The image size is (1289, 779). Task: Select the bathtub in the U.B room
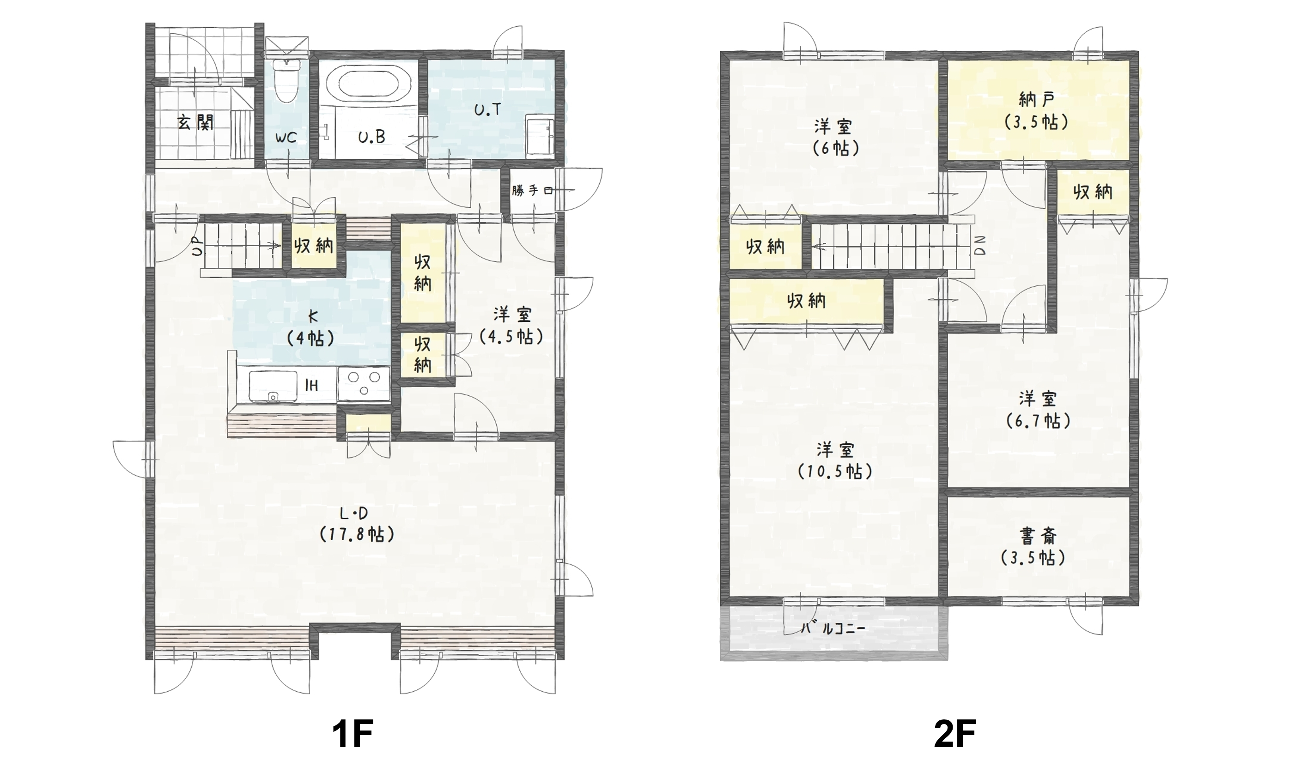coord(369,84)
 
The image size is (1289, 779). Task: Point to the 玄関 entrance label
coord(195,123)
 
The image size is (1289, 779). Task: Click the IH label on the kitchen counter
coord(311,386)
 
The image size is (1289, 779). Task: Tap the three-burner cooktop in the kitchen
coord(364,384)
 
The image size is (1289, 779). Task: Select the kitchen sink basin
coord(273,386)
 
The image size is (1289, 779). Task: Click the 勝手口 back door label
coord(532,190)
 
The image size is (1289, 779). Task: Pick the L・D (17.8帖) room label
coord(356,524)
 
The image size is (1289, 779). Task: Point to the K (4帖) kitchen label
coord(311,328)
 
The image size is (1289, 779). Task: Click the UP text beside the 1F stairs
coord(197,246)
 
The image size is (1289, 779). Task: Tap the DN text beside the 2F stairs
coord(980,245)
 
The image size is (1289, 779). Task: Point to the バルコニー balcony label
coord(833,628)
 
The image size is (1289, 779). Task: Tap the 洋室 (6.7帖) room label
coord(1038,410)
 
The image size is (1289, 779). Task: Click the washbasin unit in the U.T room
coord(540,134)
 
